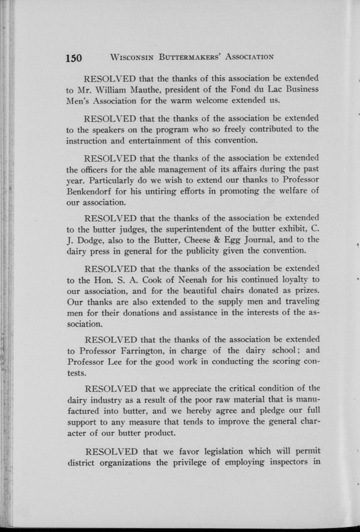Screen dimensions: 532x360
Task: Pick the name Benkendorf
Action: click(x=87, y=191)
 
